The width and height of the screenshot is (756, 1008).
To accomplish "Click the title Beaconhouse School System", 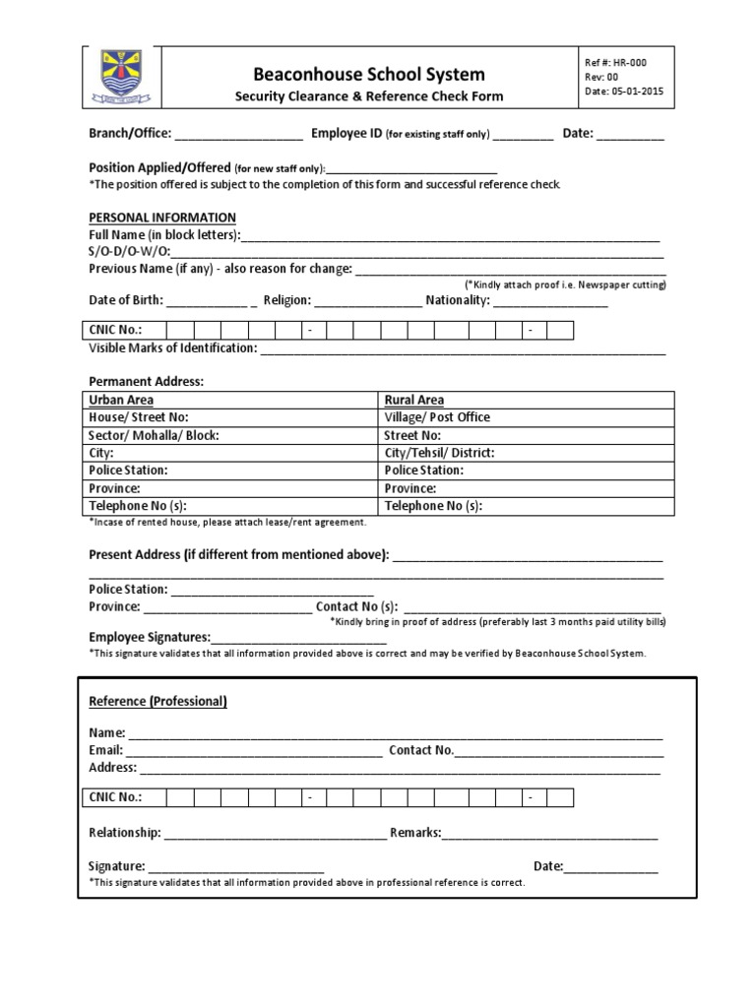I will pos(369,74).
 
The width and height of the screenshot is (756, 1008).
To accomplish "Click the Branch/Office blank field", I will pos(239,134).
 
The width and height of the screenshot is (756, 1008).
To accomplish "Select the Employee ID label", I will pos(346,133).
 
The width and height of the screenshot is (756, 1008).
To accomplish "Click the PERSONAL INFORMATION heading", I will pos(162,218).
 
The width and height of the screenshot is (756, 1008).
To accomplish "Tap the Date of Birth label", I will pos(126,300).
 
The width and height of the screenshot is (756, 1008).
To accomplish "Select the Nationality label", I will pos(457,300).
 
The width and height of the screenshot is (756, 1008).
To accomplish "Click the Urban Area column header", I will pos(121,400).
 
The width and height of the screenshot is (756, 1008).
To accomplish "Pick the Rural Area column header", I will pos(414,400).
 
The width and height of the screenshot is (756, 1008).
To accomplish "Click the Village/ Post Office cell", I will pos(437,417).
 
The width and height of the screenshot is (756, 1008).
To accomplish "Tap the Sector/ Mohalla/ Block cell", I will pos(155,435).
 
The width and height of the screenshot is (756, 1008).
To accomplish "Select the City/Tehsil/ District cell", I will pos(439,453).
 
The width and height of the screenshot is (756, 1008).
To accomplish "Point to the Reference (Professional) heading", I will pos(158,702).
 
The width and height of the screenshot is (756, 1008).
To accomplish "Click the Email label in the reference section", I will pos(105,750).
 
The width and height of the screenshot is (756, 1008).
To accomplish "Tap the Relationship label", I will pos(125,833).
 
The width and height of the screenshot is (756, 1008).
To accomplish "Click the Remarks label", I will pos(415,833).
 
